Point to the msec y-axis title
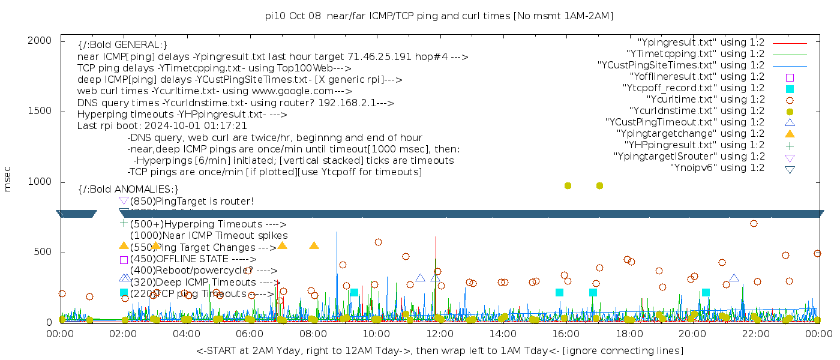pos(8,178)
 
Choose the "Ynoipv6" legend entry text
pos(717,168)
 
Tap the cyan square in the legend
pos(790,89)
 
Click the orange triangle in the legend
pos(790,134)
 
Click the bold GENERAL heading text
pos(122,45)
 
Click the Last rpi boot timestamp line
pos(162,126)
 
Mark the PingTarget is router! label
pos(192,201)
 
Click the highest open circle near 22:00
pos(754,224)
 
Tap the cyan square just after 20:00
pos(706,293)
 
